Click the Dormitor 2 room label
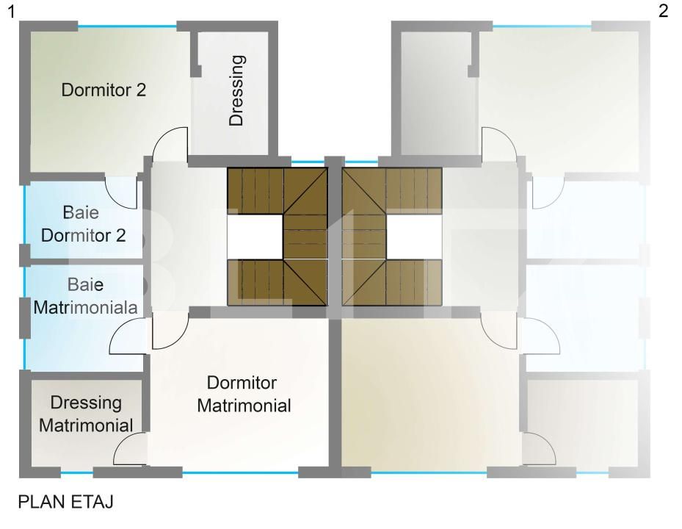pos(104,90)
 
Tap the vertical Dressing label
pos(236,90)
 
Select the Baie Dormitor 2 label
pos(83,224)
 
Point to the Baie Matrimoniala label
pos(86,297)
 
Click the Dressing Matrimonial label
pos(86,414)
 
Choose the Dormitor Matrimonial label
pos(244,395)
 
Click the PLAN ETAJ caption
pos(65,502)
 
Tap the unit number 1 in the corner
pos(12,12)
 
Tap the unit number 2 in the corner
pos(664,11)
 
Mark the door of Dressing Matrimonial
pos(130,448)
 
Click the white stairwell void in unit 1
pos(255,237)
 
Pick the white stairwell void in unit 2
pos(414,237)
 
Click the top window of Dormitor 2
pos(127,27)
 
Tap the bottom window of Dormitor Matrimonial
pos(240,472)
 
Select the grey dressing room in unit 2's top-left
pos(435,93)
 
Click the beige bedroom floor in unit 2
pos(431,394)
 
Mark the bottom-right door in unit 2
pos(540,448)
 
